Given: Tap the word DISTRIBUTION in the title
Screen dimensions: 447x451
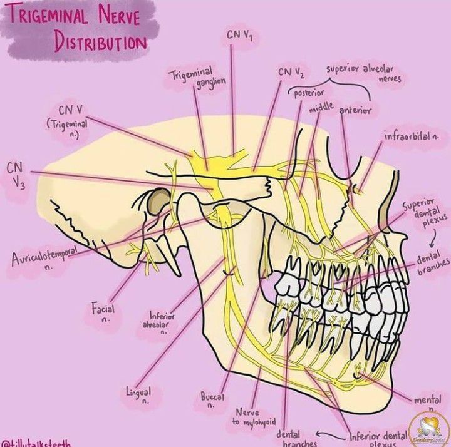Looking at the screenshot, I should pos(100,43).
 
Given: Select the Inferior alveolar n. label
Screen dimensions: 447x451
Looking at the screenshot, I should pos(161,323).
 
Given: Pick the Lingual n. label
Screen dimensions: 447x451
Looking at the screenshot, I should pos(139,395).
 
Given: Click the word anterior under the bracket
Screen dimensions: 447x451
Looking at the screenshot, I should pos(355,110).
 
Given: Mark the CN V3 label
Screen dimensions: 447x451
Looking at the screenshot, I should pos(15,175).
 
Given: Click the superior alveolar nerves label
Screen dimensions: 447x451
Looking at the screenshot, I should pos(363,73).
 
